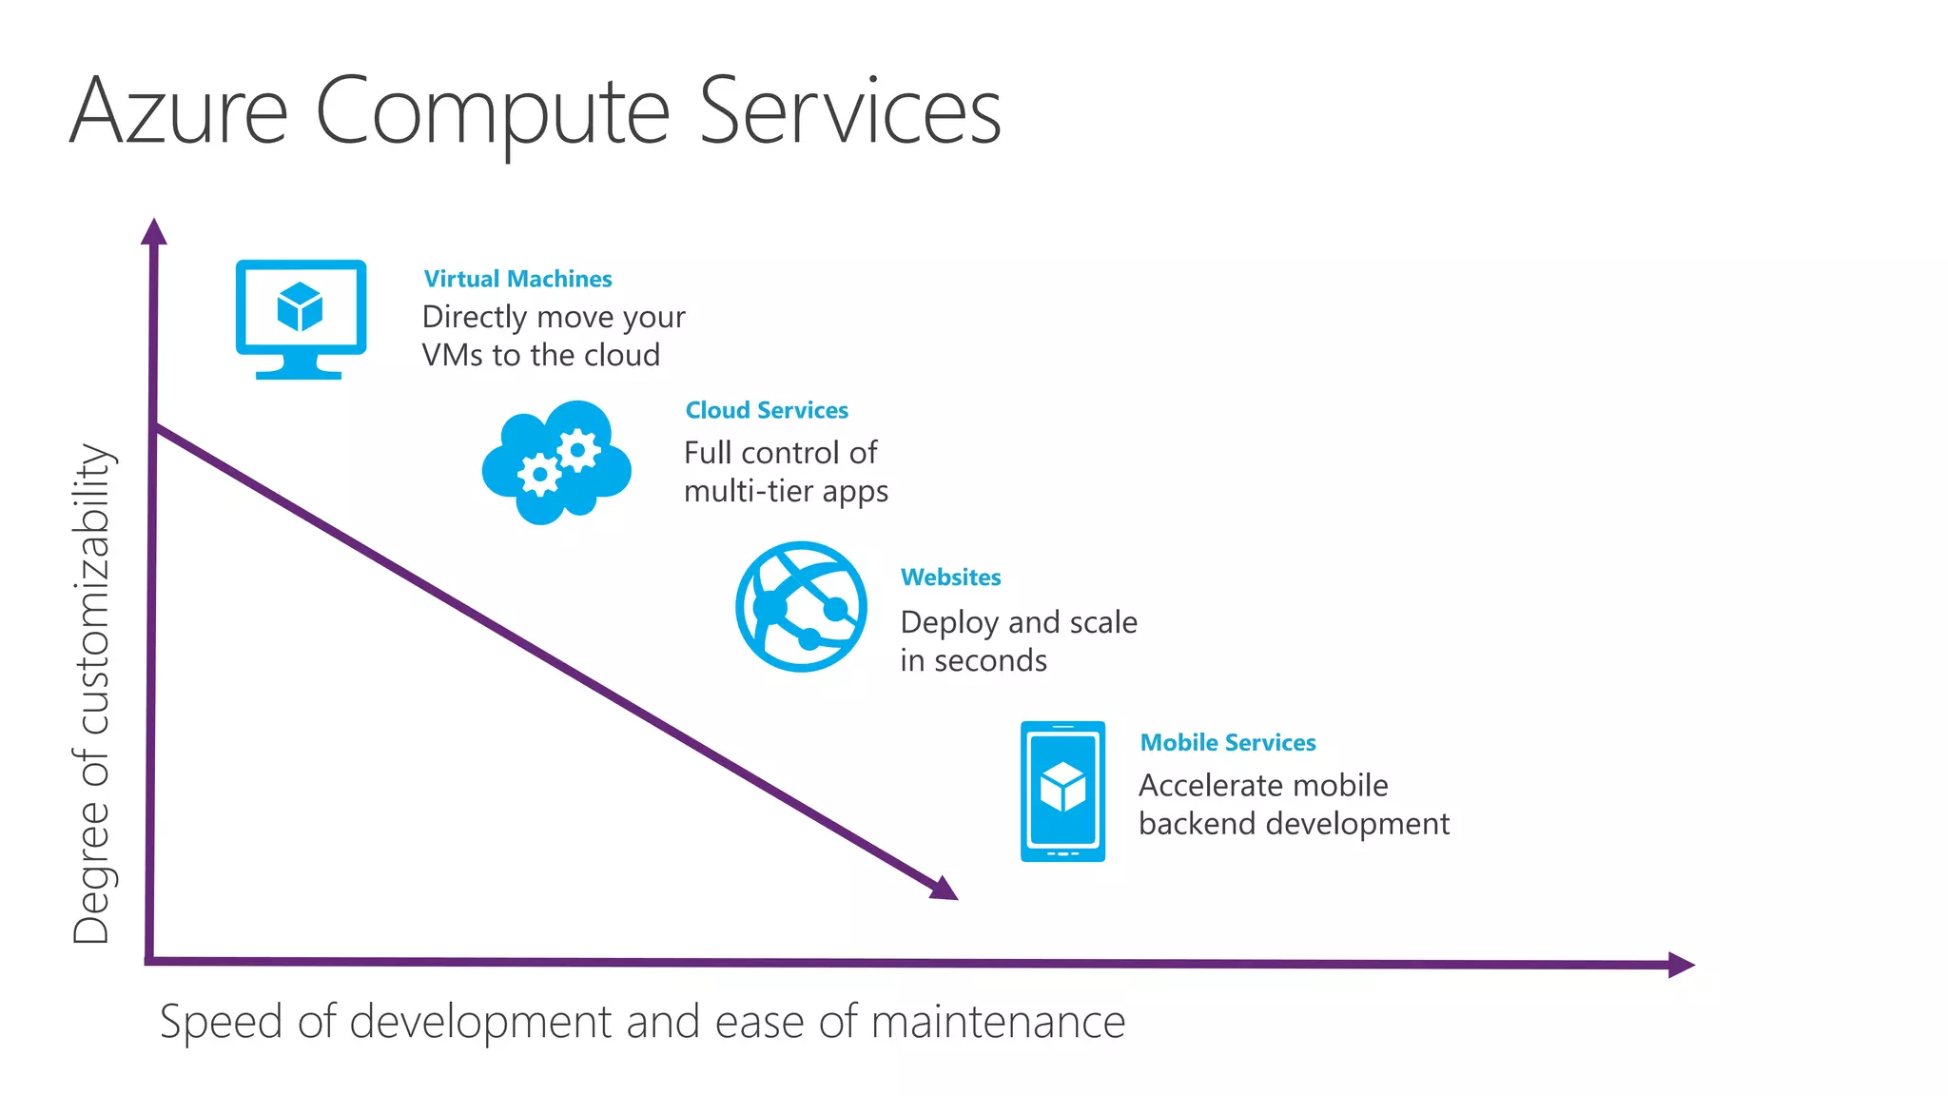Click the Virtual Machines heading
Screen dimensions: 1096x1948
[x=517, y=279]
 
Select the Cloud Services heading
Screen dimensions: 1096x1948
[x=767, y=410]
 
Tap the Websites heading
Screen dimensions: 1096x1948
[x=950, y=577]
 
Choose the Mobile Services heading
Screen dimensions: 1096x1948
[x=1228, y=743]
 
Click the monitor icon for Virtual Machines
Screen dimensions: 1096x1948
[x=301, y=319]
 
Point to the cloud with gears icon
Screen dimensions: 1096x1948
[x=556, y=461]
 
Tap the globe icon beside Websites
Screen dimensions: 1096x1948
[x=801, y=607]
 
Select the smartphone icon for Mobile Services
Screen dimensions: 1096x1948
[x=1062, y=791]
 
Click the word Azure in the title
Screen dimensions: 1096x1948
[x=179, y=111]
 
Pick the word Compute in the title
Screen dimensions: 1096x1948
[x=492, y=113]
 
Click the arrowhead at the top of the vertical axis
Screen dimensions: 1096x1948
[x=153, y=231]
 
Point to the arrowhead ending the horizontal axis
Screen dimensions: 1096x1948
[x=1681, y=965]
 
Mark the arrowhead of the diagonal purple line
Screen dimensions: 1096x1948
[x=944, y=888]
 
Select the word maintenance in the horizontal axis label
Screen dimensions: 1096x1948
[x=998, y=1022]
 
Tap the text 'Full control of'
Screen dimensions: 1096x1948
[x=780, y=453]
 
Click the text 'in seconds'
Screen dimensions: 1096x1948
[x=973, y=661]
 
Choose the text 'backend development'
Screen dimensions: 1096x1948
[x=1294, y=824]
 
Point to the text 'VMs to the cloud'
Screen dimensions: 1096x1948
[x=540, y=356]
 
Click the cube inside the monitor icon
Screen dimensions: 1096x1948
[x=300, y=306]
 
